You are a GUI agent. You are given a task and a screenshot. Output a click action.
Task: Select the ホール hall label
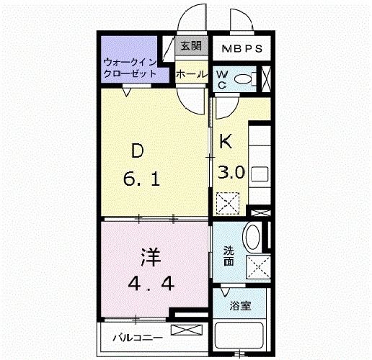point(192,73)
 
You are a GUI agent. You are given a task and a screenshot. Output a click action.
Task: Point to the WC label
point(222,79)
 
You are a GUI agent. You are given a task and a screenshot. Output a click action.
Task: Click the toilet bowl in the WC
point(244,78)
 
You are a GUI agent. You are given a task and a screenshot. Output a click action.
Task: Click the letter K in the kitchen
point(226,142)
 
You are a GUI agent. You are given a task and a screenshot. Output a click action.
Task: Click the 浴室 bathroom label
point(240,305)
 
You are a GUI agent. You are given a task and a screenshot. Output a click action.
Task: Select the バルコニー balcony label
point(136,337)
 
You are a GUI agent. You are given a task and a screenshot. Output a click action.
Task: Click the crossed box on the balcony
point(185,331)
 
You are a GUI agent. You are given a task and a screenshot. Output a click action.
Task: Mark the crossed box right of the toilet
point(267,78)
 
